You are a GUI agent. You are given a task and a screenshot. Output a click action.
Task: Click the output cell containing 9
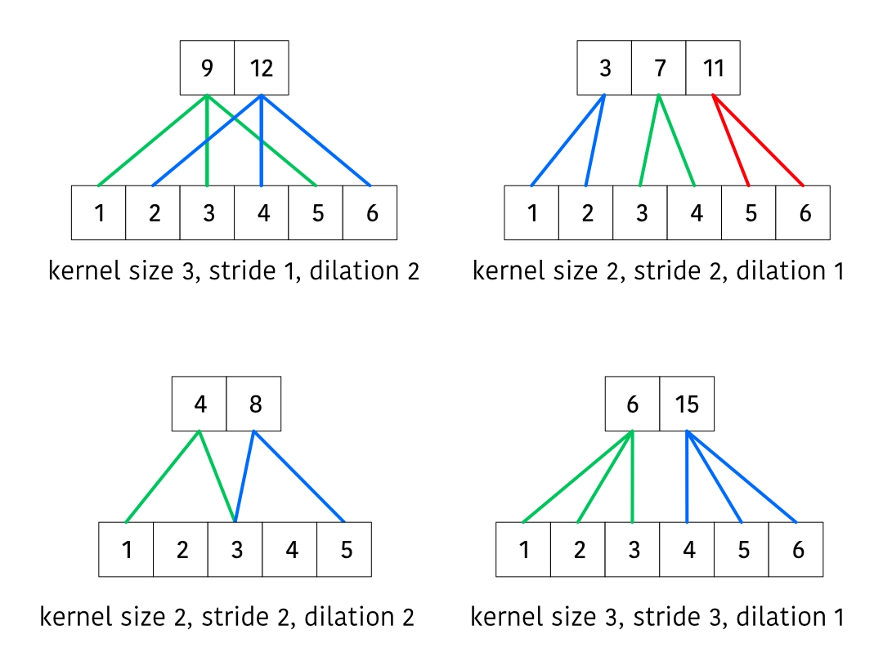pos(208,68)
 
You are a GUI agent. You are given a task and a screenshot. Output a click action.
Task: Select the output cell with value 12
pos(262,68)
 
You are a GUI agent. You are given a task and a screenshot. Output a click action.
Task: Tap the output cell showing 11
pos(713,68)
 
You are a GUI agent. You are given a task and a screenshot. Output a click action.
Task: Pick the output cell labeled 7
pos(659,68)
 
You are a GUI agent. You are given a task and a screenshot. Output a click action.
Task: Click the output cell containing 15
pos(687,404)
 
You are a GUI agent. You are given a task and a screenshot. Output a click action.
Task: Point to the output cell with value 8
pos(254,404)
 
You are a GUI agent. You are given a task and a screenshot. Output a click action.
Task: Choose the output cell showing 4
pos(199,404)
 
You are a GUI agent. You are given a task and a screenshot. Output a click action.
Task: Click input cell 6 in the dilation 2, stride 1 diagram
pos(370,212)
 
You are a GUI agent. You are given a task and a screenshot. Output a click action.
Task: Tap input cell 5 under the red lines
pos(749,212)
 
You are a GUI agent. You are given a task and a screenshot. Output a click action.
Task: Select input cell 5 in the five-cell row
pos(345,549)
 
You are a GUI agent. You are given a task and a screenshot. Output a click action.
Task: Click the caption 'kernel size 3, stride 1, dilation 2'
pos(234,270)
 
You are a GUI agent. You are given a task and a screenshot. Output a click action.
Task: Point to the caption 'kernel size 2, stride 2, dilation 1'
pos(658,270)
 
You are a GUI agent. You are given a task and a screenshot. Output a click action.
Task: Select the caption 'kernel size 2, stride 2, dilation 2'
pos(226,617)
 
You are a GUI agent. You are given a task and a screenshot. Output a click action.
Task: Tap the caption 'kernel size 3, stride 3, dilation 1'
pos(657,617)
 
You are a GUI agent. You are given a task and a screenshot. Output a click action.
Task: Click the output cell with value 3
pos(605,68)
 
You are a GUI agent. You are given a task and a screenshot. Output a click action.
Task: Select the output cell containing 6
pos(632,404)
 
